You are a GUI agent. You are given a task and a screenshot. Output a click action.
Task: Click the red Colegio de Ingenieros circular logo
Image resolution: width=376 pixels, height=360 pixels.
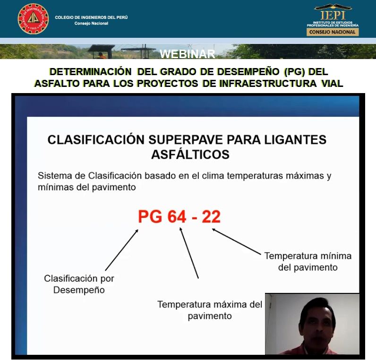coord(33,19)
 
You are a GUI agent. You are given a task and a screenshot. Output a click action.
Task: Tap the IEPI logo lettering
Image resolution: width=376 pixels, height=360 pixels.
coord(333,15)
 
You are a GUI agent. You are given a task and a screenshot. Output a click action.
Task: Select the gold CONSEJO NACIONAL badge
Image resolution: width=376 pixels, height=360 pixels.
coord(333,32)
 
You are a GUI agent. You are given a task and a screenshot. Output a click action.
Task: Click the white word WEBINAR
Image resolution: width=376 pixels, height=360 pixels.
coord(187,54)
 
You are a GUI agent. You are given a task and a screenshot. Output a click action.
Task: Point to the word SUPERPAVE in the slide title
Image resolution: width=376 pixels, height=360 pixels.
coord(186,139)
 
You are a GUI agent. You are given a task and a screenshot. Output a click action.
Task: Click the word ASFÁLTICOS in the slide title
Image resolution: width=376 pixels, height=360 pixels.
coord(190,154)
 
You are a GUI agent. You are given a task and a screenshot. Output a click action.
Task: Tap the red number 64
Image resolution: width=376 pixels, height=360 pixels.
coord(177,217)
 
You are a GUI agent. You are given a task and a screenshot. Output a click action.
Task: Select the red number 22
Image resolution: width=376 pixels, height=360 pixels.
coord(211,217)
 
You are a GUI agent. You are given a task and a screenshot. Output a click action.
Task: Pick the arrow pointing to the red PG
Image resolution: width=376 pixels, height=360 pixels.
coord(122,250)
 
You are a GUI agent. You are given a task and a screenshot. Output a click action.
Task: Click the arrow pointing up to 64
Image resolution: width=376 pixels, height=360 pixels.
coord(189,253)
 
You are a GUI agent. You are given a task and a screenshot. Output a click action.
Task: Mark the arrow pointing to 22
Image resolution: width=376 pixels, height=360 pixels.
coord(236,241)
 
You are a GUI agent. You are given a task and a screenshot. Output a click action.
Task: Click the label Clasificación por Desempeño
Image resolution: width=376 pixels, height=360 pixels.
coord(79,284)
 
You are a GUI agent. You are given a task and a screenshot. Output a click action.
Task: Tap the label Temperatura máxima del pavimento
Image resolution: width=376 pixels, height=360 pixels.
coord(210,310)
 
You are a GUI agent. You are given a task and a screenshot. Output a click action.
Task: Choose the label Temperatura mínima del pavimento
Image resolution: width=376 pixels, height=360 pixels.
coord(308,262)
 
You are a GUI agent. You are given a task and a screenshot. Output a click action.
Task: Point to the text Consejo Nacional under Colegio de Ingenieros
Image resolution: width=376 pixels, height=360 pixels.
coord(91,23)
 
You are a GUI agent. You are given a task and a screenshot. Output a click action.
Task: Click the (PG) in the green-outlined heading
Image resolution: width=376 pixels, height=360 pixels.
coord(294,72)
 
